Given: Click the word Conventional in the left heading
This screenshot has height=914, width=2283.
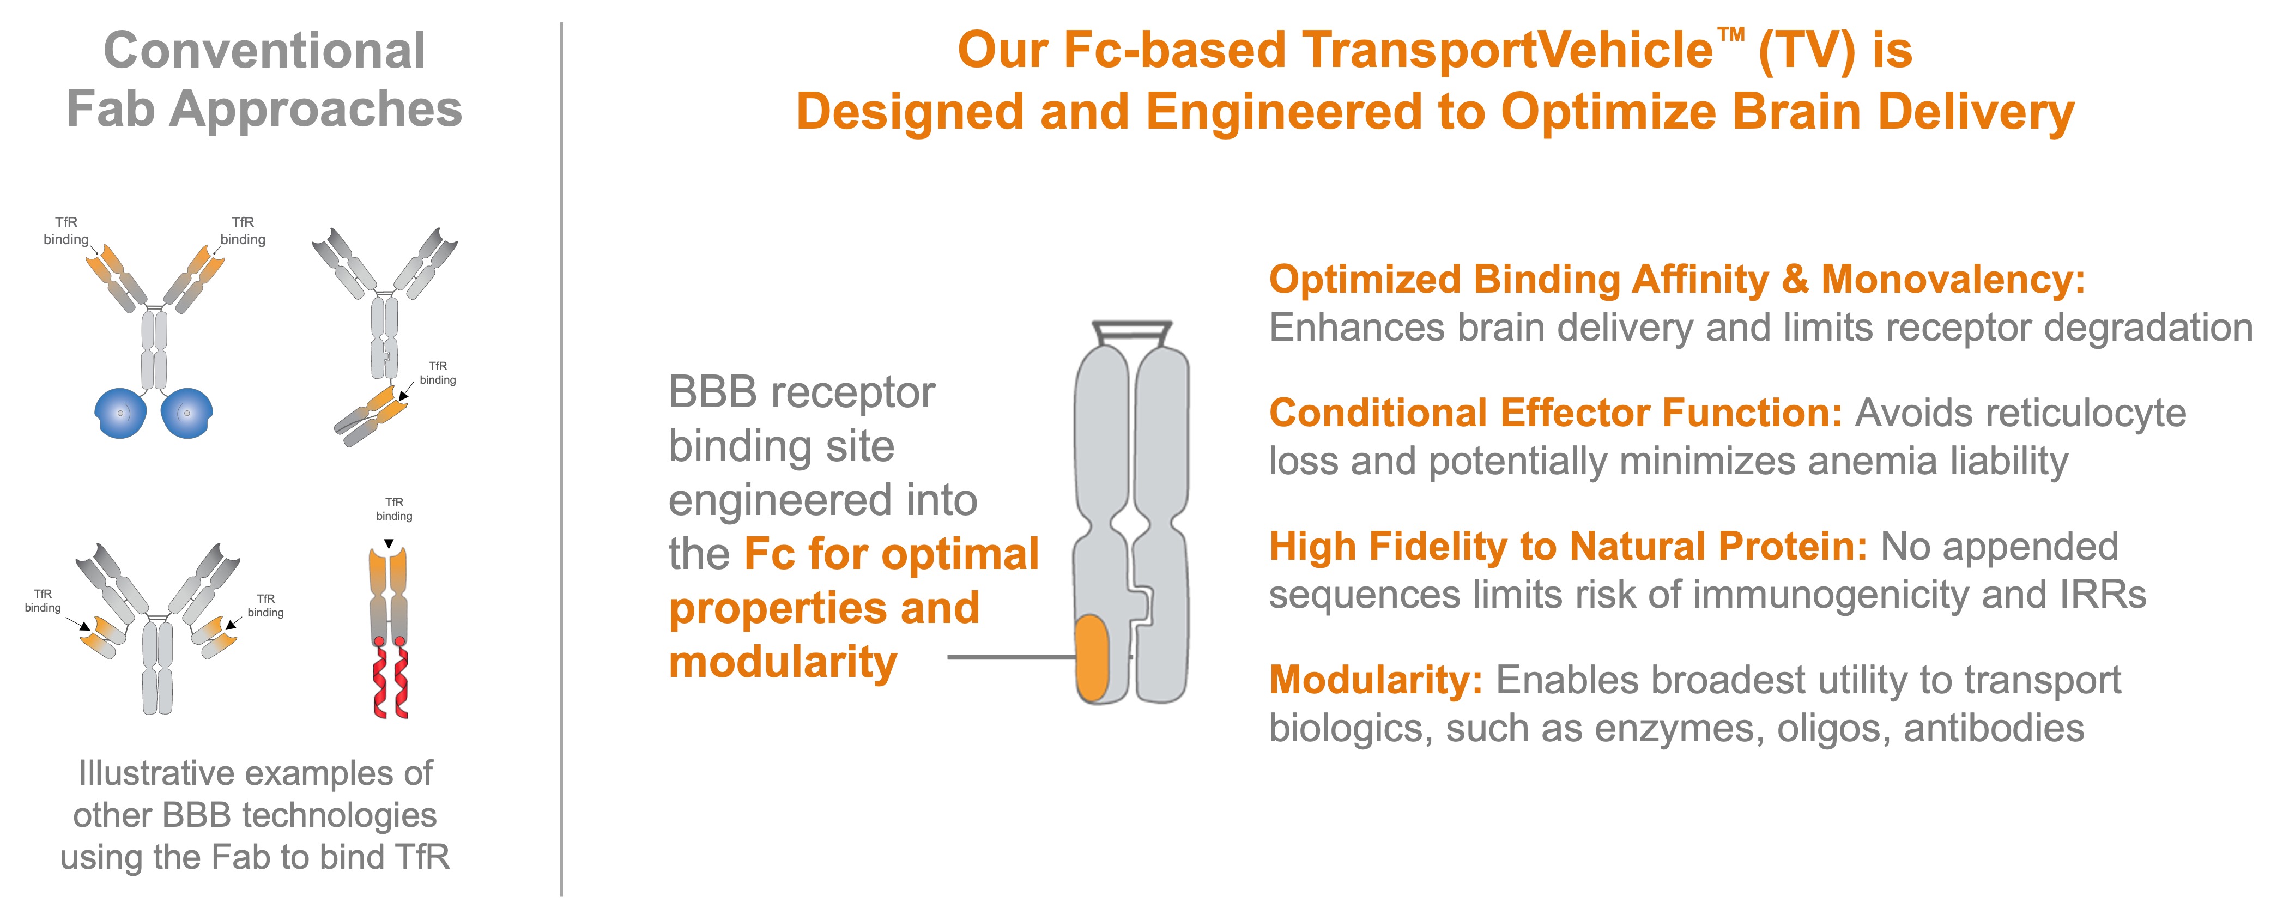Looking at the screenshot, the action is coord(264,51).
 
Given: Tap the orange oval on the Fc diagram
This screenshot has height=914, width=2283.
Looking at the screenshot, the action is coord(1092,658).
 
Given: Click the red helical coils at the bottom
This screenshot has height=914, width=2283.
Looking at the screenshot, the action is coord(390,681).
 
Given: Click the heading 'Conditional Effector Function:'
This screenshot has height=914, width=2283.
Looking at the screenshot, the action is coord(1555,413).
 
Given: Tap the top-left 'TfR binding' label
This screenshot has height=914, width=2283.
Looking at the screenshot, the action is coord(66,231).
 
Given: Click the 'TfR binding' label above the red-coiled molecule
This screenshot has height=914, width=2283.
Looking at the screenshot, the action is coord(395,509).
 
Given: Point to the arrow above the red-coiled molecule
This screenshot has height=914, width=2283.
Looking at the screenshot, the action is coord(388,538).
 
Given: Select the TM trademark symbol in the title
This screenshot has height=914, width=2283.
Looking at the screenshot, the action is coord(1731,35).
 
